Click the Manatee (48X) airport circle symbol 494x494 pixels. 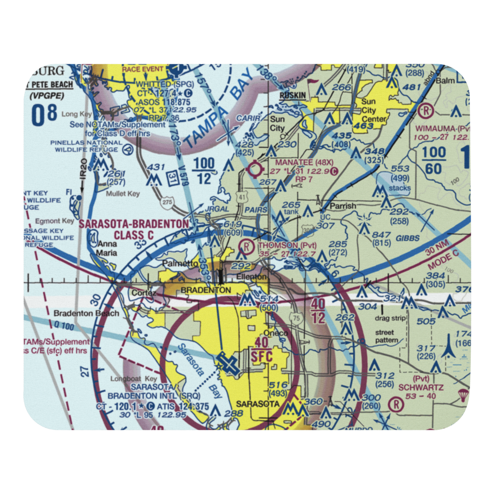(x=255, y=170)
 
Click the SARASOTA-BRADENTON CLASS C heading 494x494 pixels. (x=133, y=230)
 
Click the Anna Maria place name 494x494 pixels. (x=107, y=248)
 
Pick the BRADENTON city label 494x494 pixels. (x=206, y=290)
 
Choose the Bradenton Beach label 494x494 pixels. (x=86, y=313)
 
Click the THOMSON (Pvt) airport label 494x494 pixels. (x=285, y=245)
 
